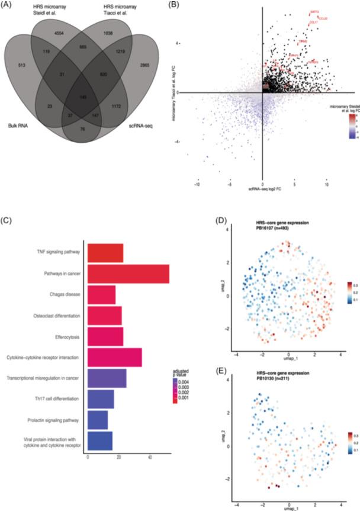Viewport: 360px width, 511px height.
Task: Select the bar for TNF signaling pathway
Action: (x=105, y=253)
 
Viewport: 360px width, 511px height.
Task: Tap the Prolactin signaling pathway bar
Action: (x=98, y=420)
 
